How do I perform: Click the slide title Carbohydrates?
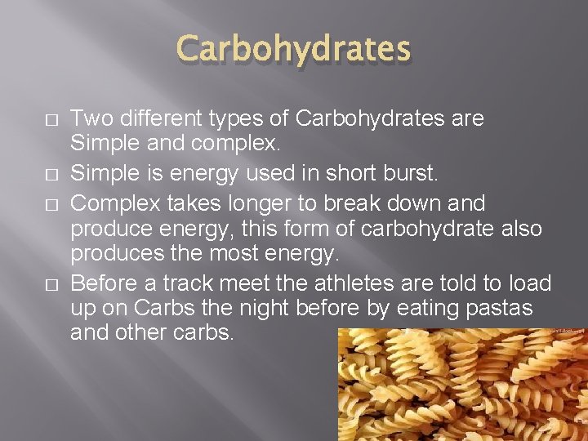pos(294,48)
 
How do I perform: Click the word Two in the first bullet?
pos(88,119)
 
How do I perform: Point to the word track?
pos(185,283)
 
